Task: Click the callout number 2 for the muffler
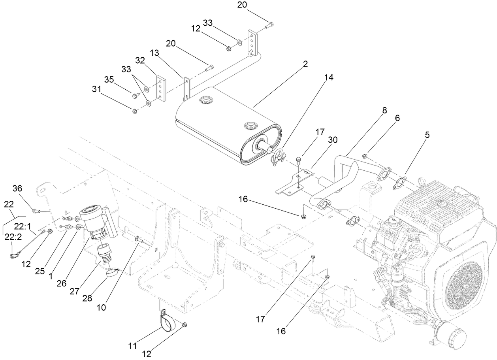coord(305,64)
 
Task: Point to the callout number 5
coord(427,135)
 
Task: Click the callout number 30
coord(333,140)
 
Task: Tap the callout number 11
coord(132,346)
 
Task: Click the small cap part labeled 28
coord(113,273)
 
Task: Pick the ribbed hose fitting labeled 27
coord(105,253)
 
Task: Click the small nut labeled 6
coord(365,157)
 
